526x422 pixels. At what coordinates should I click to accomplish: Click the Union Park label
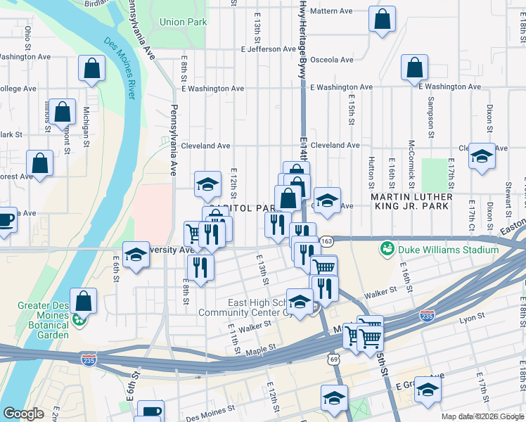183,22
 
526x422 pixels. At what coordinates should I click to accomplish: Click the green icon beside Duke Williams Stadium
386,249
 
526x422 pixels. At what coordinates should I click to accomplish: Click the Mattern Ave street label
331,11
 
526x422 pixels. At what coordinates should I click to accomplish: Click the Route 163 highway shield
326,241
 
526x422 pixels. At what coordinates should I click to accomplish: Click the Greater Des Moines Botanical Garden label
44,320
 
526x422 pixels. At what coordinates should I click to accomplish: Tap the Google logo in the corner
23,414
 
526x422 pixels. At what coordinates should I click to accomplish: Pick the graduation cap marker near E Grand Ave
428,391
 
